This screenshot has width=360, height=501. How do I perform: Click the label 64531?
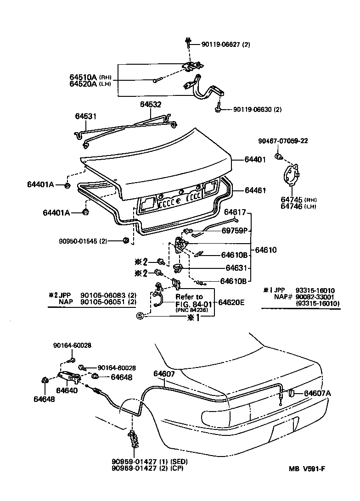click(86, 117)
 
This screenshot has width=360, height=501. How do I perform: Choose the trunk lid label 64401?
click(255, 159)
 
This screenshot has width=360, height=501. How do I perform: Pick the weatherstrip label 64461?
click(255, 189)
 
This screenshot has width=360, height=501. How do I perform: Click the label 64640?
click(67, 390)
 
